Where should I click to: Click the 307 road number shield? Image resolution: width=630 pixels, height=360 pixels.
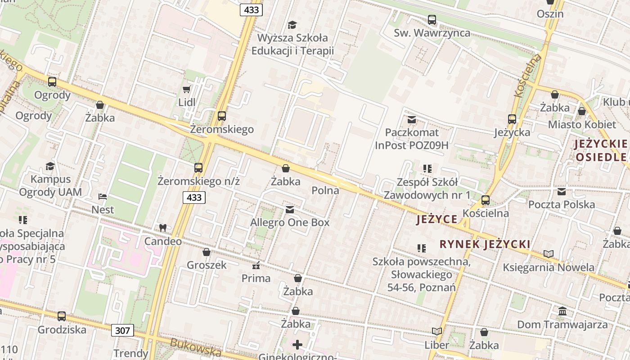122,331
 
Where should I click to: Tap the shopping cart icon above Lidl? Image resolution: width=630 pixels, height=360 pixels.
186,90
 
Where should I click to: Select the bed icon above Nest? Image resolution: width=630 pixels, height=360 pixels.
103,197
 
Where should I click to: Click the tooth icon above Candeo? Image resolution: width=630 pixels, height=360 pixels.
163,228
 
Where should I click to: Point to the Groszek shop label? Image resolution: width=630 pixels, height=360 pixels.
207,265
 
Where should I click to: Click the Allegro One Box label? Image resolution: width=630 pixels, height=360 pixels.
290,222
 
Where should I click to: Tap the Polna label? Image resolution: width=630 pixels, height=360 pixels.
325,190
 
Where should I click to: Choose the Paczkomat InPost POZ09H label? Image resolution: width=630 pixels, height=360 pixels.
412,139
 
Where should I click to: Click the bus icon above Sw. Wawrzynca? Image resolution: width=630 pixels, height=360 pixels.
432,20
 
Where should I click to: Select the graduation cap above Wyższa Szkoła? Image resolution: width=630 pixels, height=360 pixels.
292,25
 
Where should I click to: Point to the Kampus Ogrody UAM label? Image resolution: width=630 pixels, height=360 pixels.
50,186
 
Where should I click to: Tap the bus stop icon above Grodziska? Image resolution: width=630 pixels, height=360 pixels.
62,316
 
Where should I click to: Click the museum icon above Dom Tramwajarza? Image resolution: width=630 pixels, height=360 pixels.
562,311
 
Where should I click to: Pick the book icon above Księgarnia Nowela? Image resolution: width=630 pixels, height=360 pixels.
548,254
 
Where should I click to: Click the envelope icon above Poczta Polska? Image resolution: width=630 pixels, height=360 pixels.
562,192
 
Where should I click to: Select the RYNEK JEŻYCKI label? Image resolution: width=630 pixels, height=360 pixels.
485,244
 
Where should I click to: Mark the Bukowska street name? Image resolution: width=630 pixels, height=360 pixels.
196,348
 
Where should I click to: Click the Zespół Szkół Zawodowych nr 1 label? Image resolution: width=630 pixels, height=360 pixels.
427,189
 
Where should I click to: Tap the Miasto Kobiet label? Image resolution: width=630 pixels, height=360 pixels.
581,125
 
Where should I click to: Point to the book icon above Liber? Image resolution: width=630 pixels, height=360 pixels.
436,332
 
